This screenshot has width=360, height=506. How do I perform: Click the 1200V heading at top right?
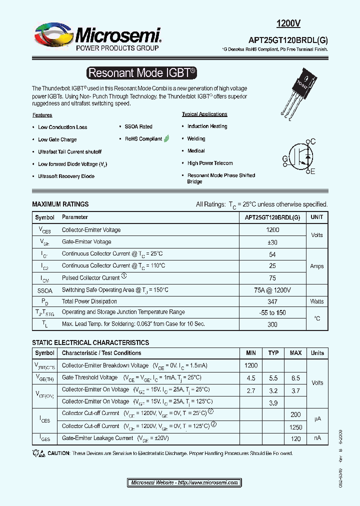pos(288,23)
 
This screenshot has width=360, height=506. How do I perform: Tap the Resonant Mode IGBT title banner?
pos(141,73)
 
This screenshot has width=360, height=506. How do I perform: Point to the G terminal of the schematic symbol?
pos(285,159)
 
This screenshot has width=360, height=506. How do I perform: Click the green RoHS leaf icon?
pos(166,138)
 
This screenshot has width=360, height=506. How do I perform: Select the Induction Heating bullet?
pos(207,126)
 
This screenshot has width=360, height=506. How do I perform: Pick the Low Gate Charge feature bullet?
pos(57,139)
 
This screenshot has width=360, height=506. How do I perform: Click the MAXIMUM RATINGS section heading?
pos(60,204)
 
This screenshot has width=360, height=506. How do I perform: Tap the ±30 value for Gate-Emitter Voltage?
pos(272,242)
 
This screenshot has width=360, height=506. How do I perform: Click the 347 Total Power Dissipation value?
pos(272,301)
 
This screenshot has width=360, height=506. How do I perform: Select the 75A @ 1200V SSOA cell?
pos(272,290)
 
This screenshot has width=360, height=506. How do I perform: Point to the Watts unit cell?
pos(316,301)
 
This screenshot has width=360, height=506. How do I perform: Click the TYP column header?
pos(273,353)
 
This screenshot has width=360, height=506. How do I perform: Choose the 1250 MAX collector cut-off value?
pos(295,427)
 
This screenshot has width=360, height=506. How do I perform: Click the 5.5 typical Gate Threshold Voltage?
pos(273,377)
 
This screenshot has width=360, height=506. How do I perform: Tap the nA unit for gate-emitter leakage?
pos(317,438)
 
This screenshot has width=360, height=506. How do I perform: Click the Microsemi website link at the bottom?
pos(184,482)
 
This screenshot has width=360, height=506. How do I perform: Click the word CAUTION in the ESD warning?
pos(59,453)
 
